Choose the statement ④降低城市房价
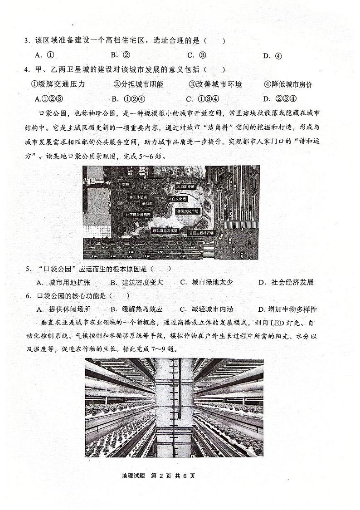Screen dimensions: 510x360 point(288,84)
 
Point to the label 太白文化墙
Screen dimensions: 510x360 point(177,199)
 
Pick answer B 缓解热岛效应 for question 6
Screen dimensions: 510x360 point(136,309)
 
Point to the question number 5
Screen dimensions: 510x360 point(28,269)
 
